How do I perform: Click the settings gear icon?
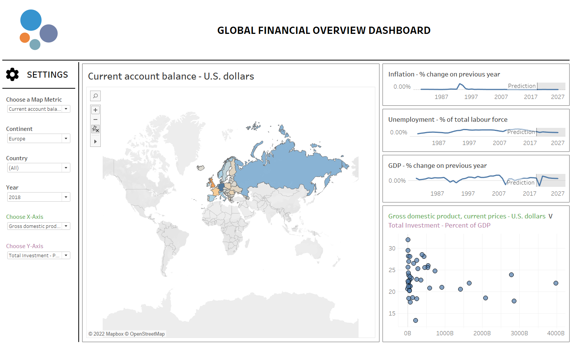[x=13, y=75]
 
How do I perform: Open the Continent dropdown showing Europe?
[x=39, y=139]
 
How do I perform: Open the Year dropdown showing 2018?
[x=39, y=197]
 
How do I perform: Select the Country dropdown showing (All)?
[x=39, y=168]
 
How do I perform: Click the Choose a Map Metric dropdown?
[x=39, y=109]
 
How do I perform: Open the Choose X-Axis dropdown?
[x=39, y=226]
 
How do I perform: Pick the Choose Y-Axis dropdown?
[x=39, y=255]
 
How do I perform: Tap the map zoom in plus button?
[x=95, y=110]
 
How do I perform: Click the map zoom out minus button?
[x=95, y=119]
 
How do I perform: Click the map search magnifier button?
[x=95, y=96]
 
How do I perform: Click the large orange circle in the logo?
[x=25, y=38]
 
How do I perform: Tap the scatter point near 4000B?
[x=556, y=283]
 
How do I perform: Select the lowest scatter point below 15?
[x=416, y=320]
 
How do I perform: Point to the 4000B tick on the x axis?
[x=556, y=333]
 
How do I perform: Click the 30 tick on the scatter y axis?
[x=392, y=248]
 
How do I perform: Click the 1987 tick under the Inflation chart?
[x=441, y=97]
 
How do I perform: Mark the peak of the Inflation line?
[x=460, y=84]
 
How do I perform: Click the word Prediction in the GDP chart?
[x=521, y=183]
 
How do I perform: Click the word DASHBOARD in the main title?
[x=399, y=30]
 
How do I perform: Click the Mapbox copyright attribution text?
[x=127, y=334]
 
